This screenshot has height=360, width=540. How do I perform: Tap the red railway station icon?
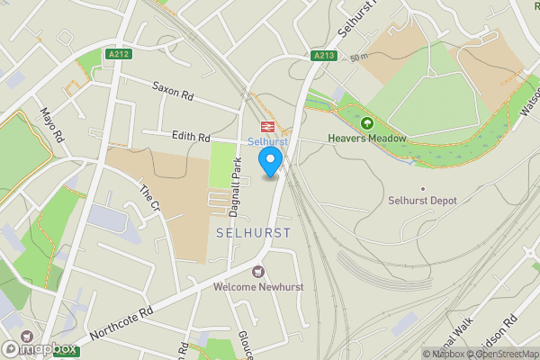coord(266,126)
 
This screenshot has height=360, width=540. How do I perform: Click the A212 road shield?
coord(92,53)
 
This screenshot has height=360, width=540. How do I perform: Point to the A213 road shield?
coord(325,56)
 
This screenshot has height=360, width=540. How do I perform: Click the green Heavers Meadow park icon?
coord(367,123)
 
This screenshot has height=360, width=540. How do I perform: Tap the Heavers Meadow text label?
coord(367,139)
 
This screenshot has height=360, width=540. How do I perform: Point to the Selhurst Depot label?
coord(423,200)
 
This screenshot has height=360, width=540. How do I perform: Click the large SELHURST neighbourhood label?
coord(254,232)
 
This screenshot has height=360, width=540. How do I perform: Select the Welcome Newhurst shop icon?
coord(259,271)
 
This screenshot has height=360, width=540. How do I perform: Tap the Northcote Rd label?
coord(121,326)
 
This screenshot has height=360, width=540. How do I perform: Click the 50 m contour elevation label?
coord(361,57)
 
